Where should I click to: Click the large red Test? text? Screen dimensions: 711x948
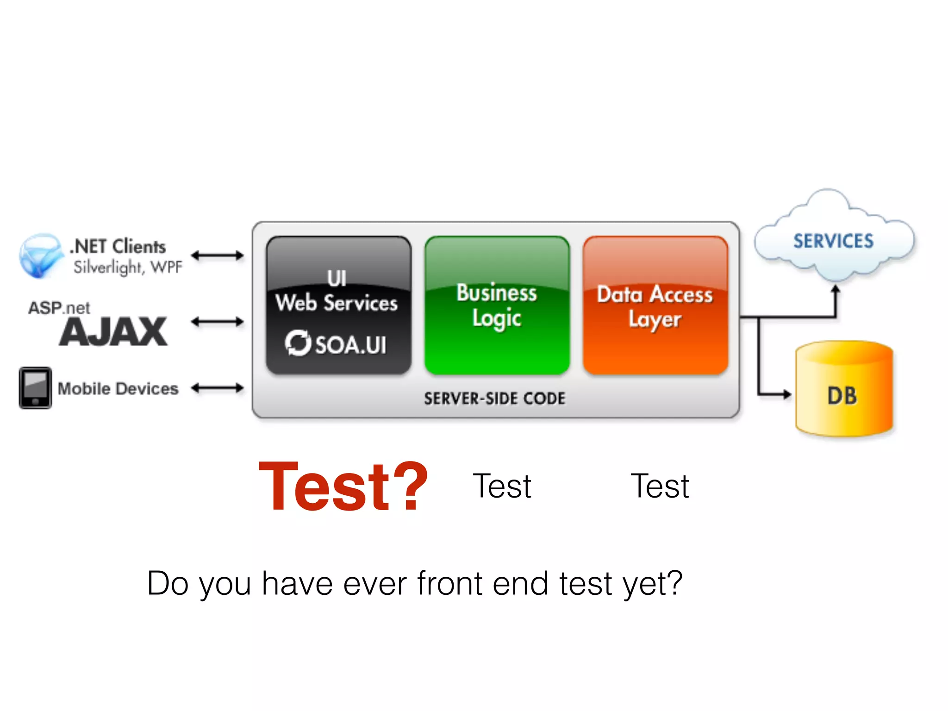[343, 487]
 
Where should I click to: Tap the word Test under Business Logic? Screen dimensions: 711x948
[502, 486]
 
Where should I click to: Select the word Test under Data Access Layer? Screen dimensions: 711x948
[660, 486]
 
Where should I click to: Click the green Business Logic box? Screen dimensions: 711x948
[497, 305]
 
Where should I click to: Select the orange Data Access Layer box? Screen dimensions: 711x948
[655, 305]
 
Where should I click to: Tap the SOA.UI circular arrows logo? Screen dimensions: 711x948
[298, 343]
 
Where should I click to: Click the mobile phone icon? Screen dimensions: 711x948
[35, 388]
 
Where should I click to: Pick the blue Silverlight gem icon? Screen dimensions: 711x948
[40, 256]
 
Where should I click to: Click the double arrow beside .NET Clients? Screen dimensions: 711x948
[217, 255]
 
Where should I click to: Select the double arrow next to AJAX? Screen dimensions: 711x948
[217, 321]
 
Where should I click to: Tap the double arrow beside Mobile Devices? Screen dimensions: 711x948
[217, 388]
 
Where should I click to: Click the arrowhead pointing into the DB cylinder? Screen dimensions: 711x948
[786, 394]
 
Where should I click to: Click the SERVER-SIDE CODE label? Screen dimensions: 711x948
[494, 399]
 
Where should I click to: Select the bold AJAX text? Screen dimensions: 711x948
[113, 332]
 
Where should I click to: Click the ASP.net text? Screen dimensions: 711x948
[59, 308]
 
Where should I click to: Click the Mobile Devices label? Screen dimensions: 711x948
[118, 388]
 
